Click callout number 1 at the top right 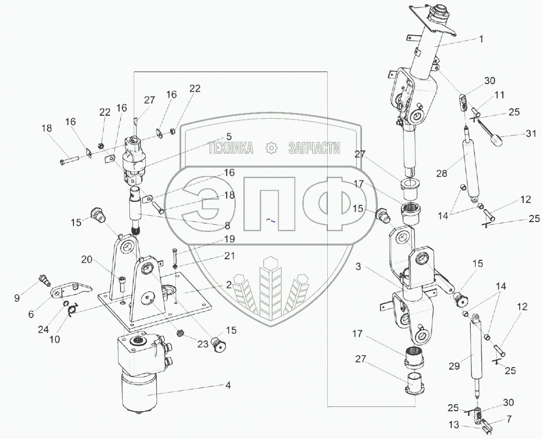click(481, 38)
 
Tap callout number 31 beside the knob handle click(531, 133)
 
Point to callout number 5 click(229, 136)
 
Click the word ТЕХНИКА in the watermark click(231, 148)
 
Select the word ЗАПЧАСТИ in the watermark click(314, 148)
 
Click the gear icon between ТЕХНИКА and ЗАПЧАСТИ click(270, 148)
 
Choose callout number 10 click(55, 339)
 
